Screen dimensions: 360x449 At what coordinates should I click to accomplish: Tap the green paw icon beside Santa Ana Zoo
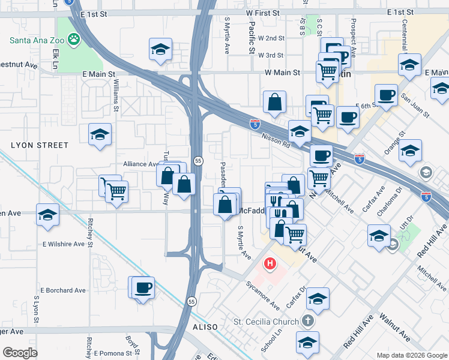(74, 40)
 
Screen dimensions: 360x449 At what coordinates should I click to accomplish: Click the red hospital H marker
(271, 263)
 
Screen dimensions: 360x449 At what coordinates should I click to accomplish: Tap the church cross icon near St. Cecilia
(309, 322)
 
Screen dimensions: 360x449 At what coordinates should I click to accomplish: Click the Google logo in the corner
(20, 352)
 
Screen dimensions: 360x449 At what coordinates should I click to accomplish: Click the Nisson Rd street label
(276, 140)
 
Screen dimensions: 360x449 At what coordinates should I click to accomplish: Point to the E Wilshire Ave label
(64, 244)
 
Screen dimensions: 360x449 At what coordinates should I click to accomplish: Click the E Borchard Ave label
(64, 290)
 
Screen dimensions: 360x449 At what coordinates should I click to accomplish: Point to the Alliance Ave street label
(140, 164)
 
